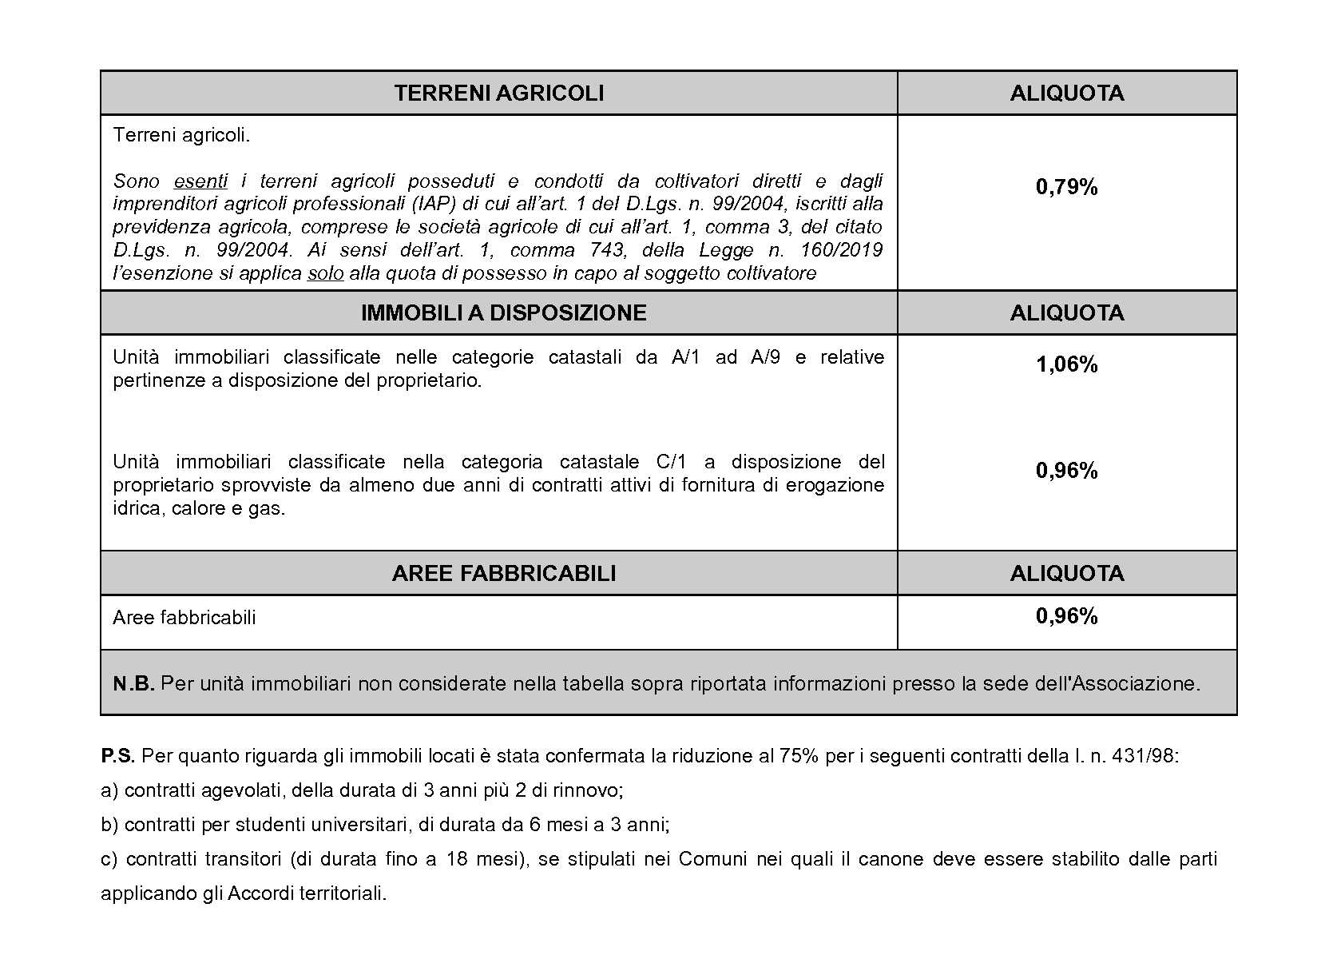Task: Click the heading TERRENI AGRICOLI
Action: pos(498,94)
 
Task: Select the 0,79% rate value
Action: pos(1066,187)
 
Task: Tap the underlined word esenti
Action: pos(200,181)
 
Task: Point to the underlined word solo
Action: pos(325,274)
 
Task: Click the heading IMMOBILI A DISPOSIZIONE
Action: pos(503,312)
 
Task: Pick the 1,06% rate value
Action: pos(1066,365)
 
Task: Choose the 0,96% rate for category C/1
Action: pos(1066,471)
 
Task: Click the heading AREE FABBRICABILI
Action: pos(503,574)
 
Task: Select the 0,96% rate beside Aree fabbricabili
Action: pos(1066,616)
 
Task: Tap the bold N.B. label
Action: pos(133,684)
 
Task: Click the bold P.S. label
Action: pos(117,756)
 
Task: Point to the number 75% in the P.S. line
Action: pos(799,756)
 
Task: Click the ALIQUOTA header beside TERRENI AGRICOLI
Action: pos(1066,94)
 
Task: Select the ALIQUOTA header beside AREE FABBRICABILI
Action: pos(1066,574)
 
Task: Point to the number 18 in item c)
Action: pos(457,859)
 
